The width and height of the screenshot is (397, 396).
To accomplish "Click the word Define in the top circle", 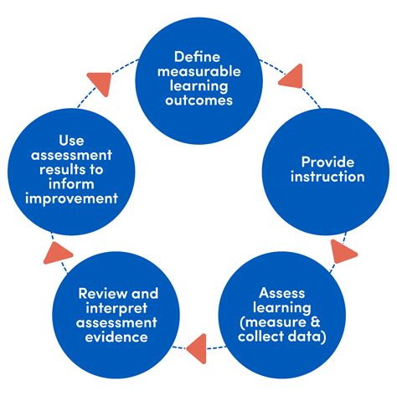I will (x=198, y=57).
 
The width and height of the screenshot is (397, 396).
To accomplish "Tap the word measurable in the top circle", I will (x=198, y=72).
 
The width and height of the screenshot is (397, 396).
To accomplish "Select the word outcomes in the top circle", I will (x=198, y=101).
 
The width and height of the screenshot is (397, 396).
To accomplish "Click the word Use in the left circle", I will (x=70, y=140).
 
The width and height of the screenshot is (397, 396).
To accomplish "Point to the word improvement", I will (x=70, y=198).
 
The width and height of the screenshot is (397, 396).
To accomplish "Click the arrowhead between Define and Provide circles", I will (x=292, y=79).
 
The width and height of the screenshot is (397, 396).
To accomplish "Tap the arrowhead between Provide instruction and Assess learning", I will (x=343, y=250).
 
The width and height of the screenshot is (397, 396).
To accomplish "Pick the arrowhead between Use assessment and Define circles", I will (x=100, y=80).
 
